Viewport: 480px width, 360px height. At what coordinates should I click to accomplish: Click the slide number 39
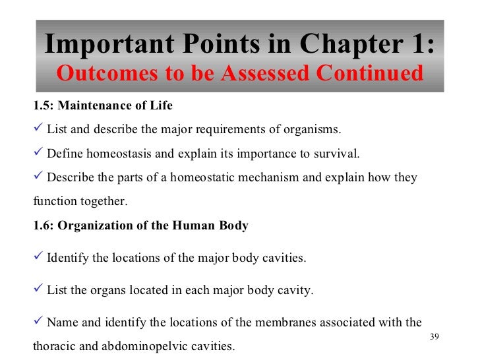point(433,338)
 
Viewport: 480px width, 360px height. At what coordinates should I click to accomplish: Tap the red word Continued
point(369,73)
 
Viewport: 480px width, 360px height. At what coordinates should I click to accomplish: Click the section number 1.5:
point(43,105)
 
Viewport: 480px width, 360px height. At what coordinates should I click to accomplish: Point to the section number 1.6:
point(43,225)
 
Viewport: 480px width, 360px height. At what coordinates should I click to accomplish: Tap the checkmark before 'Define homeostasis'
point(38,154)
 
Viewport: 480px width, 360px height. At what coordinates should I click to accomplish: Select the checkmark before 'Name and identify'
point(38,322)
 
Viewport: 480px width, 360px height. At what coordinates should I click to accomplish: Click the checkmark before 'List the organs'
point(38,289)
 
